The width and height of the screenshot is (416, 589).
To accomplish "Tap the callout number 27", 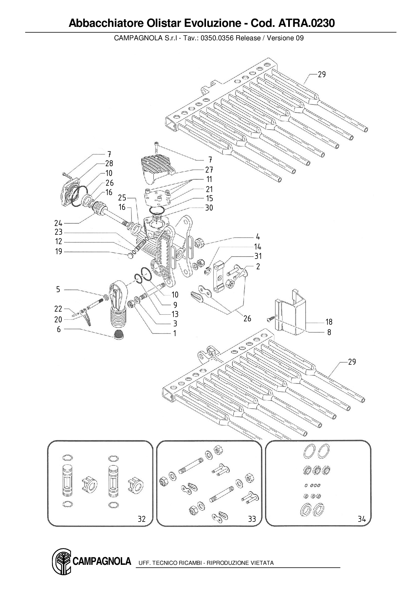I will (x=209, y=170).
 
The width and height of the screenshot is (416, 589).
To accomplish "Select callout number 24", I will (x=58, y=223).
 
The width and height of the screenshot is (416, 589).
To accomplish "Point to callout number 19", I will (x=59, y=252).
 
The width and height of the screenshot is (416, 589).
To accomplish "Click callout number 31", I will (x=258, y=256).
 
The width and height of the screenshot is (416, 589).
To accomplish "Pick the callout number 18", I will (x=329, y=322).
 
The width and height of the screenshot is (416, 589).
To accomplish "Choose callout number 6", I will (x=59, y=329).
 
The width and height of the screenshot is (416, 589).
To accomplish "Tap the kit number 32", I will (x=142, y=519).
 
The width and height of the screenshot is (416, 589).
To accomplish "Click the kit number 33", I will (x=252, y=519).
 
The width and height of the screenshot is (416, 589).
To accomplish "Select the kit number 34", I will (x=361, y=519).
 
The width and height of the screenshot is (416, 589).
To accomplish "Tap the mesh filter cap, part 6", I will (x=118, y=334).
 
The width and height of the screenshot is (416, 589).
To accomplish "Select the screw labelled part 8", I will (x=270, y=319).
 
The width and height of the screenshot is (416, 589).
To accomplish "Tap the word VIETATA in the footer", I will (x=262, y=563).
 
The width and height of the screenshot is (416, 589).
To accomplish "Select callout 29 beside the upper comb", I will (x=322, y=75).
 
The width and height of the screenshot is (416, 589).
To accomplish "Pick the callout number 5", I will (x=58, y=289).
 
